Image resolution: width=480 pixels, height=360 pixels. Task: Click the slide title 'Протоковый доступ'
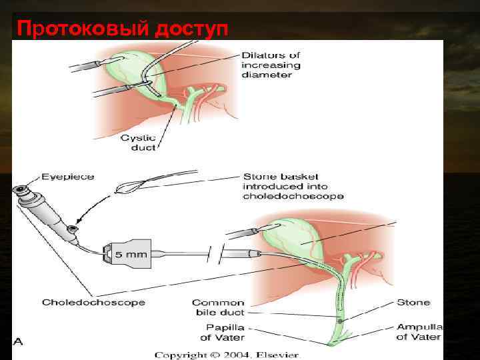(x=122, y=29)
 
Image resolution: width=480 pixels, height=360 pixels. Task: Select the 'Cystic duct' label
(x=138, y=143)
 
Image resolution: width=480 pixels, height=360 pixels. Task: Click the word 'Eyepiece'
(x=68, y=177)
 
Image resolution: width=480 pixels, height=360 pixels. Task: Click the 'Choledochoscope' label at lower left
(x=93, y=303)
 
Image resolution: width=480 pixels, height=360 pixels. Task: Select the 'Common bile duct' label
(x=218, y=307)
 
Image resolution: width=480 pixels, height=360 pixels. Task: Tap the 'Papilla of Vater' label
(x=224, y=332)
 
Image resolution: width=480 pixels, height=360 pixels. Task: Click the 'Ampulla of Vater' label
(x=419, y=332)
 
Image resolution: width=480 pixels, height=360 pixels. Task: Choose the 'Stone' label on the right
(x=413, y=303)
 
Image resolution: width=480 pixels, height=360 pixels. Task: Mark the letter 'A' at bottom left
(x=18, y=341)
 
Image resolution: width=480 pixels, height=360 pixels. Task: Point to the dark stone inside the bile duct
(x=340, y=321)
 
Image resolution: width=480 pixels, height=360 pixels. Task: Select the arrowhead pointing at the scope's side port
(x=79, y=220)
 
